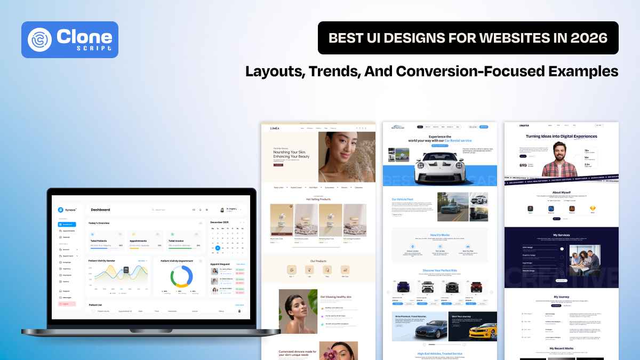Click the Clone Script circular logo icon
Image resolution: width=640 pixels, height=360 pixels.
(x=41, y=39)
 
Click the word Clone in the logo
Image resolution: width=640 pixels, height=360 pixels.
(x=84, y=36)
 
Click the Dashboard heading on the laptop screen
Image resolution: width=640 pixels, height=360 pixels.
(x=100, y=210)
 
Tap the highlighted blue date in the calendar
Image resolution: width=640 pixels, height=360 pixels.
(x=218, y=248)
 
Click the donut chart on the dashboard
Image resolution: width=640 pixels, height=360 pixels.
(x=181, y=276)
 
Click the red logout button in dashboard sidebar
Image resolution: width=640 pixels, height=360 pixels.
(x=68, y=303)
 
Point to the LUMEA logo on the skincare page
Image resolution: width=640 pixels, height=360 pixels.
(x=275, y=128)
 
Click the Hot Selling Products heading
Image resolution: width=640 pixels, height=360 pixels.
(x=318, y=199)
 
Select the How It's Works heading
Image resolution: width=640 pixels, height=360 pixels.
(x=439, y=235)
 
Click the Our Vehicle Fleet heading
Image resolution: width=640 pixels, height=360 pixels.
(x=402, y=199)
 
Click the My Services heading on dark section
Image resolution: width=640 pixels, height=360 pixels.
(x=562, y=235)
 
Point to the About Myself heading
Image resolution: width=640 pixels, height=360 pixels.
(x=562, y=192)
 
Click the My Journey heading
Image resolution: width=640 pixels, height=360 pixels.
(x=562, y=297)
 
